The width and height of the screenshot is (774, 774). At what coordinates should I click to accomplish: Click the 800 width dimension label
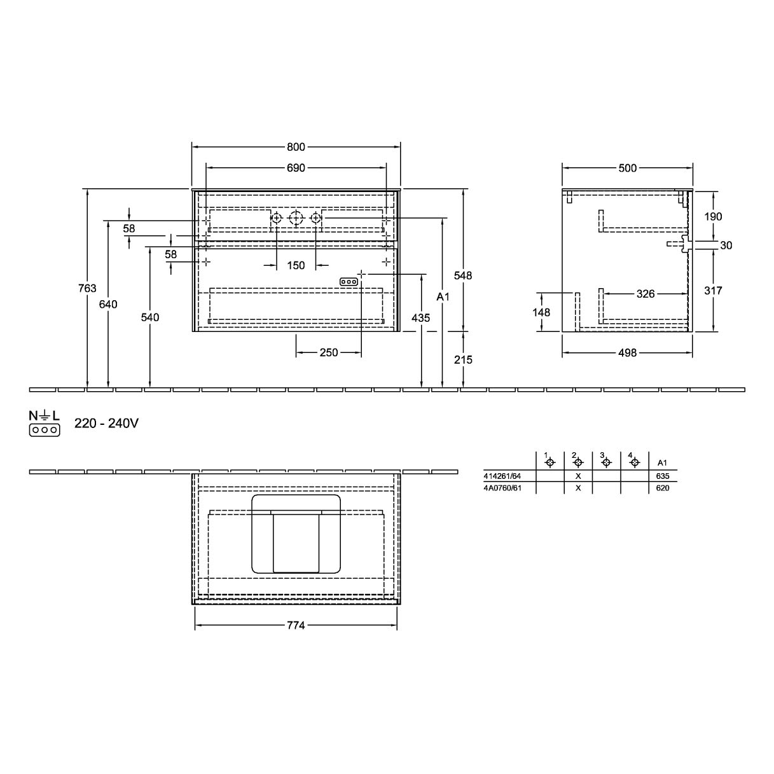pyautogui.click(x=296, y=147)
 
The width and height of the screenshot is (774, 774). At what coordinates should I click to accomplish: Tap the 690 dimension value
pyautogui.click(x=296, y=168)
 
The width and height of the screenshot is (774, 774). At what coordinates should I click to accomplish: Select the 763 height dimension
pyautogui.click(x=88, y=288)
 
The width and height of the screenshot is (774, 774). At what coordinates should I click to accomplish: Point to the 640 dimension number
pyautogui.click(x=108, y=305)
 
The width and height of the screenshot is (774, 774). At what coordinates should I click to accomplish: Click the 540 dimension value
pyautogui.click(x=150, y=317)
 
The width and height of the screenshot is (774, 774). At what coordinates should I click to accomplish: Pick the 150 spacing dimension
pyautogui.click(x=296, y=265)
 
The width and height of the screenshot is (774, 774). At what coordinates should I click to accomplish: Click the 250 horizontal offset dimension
pyautogui.click(x=329, y=352)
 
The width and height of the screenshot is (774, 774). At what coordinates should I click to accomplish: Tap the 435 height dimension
pyautogui.click(x=420, y=318)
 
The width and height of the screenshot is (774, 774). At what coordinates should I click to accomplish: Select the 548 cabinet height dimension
pyautogui.click(x=463, y=275)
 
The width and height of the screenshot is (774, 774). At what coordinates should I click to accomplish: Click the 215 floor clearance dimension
pyautogui.click(x=463, y=359)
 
